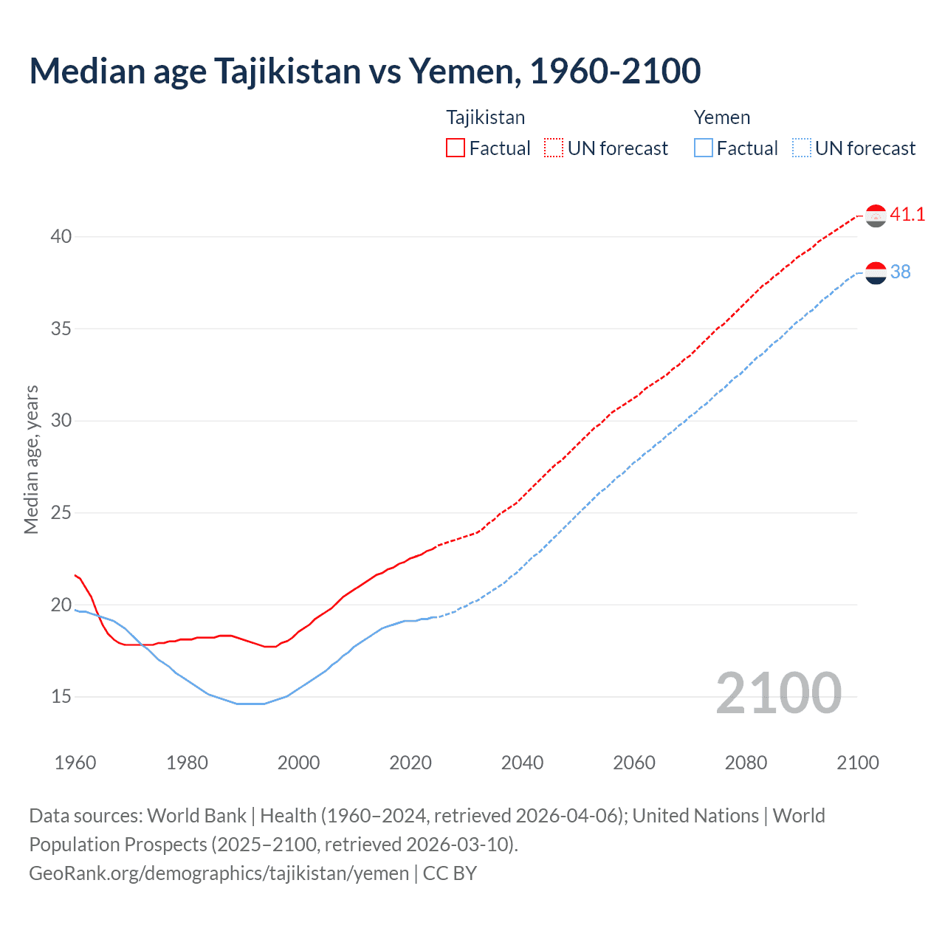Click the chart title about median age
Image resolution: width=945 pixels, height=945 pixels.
coord(365,71)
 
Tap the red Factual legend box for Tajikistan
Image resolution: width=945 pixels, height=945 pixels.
coord(456,148)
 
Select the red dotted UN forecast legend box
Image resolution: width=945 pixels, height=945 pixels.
coord(554,148)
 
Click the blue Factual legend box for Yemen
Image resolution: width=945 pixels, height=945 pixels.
coord(704,148)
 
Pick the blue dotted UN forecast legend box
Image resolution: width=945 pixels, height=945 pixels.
coord(802,148)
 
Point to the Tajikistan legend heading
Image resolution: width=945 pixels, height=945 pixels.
coord(485,117)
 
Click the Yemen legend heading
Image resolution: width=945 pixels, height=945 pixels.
coord(721,117)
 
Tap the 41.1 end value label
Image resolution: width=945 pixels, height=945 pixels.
coord(907,215)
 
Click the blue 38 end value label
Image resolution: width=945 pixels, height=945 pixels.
coord(900,272)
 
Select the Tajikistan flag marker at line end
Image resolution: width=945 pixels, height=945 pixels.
coord(876,216)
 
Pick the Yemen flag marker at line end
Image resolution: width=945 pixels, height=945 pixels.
coord(876,273)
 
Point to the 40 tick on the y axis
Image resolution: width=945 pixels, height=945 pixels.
coord(61,237)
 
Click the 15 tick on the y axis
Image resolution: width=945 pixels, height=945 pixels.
coord(61,697)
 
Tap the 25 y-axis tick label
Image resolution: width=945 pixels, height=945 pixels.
coord(61,513)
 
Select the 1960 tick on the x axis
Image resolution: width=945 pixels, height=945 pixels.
coord(75,763)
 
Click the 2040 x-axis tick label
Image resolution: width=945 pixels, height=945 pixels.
coord(522,763)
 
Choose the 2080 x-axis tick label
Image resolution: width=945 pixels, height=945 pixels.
coord(746,763)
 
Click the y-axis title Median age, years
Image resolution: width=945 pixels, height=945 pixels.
coord(31,459)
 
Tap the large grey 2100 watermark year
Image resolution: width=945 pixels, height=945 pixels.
coord(778,693)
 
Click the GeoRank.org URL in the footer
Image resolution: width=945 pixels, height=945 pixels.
coord(219,873)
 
